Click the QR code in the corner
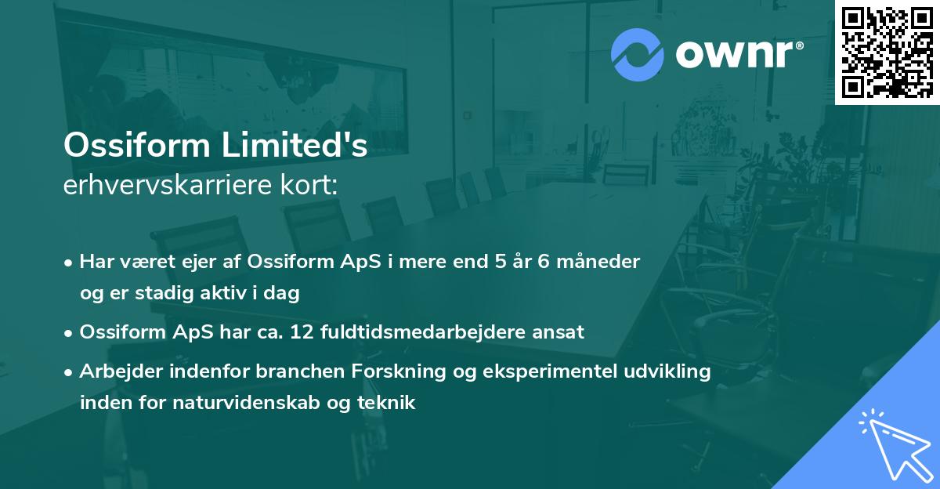(x=887, y=52)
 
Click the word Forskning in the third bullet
(x=326, y=371)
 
